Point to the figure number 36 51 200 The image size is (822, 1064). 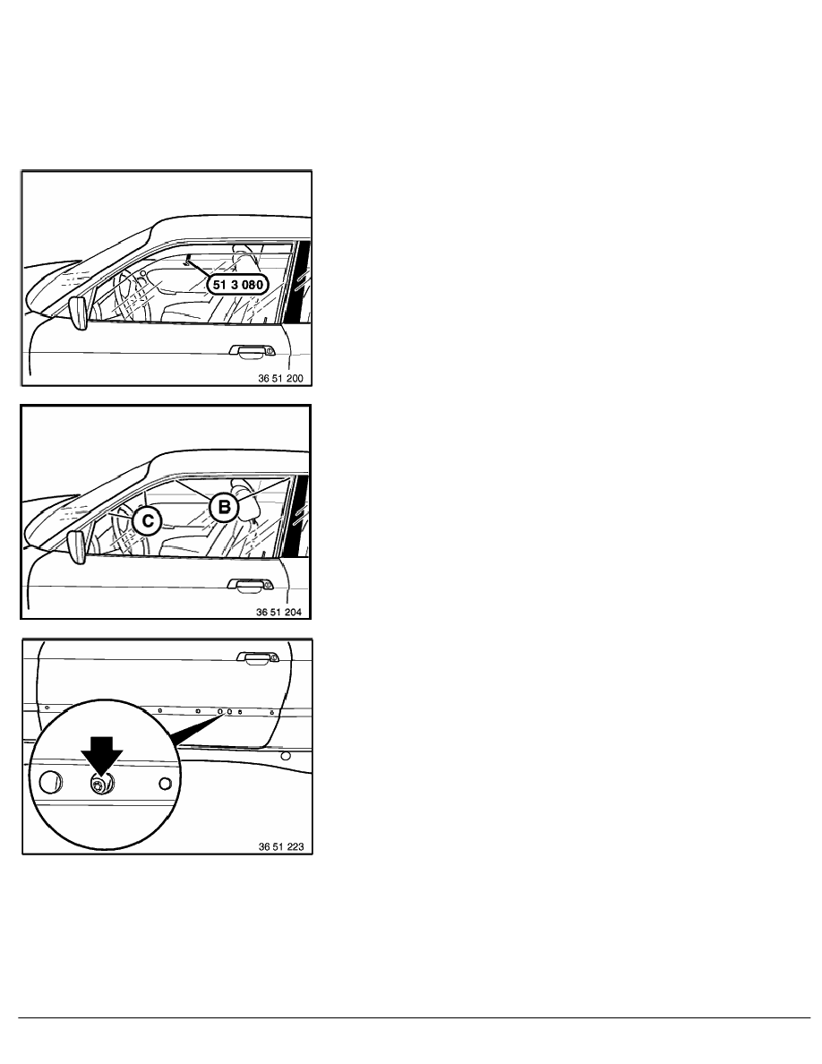pyautogui.click(x=282, y=379)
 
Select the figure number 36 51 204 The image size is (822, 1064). pyautogui.click(x=282, y=613)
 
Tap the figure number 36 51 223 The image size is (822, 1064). pyautogui.click(x=282, y=845)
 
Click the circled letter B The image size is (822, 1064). pyautogui.click(x=224, y=508)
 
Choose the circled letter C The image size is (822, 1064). pyautogui.click(x=144, y=520)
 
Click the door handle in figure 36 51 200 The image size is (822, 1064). pyautogui.click(x=245, y=351)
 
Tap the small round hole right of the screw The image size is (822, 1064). pyautogui.click(x=164, y=784)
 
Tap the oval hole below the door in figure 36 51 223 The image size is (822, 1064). pyautogui.click(x=285, y=756)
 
